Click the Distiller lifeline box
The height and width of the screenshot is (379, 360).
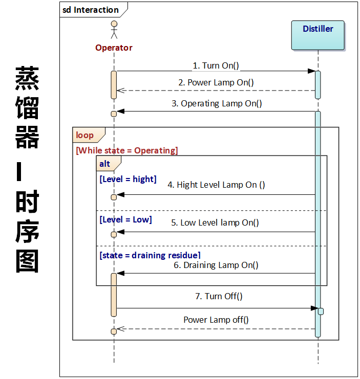pos(317,35)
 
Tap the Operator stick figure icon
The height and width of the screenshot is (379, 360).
pos(114,30)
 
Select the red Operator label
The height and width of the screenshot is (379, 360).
pos(114,48)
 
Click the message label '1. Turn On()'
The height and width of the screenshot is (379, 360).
pos(216,65)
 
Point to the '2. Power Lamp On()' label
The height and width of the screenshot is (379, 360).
pos(216,82)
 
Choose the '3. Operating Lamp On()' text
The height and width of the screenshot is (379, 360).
pos(216,103)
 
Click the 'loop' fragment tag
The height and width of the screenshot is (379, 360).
pos(85,135)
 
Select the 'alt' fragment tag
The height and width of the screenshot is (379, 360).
pos(105,164)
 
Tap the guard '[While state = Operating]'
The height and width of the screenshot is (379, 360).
pos(126,150)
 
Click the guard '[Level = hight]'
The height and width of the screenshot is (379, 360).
pos(128,179)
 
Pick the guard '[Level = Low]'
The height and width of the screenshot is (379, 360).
pos(125,219)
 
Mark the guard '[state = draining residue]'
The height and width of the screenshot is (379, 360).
pos(150,255)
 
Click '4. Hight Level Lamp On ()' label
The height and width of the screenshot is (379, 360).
pos(216,185)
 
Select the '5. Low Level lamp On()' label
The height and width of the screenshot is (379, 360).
pos(215,222)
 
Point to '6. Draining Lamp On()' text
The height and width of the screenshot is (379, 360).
pos(216,265)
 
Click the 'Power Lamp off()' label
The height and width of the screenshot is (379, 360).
pos(216,320)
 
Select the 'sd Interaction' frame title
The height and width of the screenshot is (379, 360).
pos(91,10)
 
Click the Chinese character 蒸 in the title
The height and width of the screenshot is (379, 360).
pos(27,78)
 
